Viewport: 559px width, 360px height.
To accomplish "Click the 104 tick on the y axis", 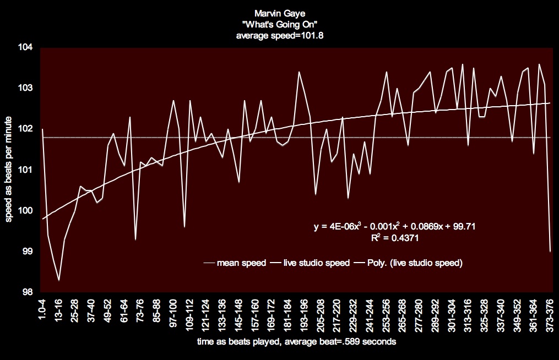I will point(26,48).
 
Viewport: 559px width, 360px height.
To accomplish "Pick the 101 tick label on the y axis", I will point(26,170).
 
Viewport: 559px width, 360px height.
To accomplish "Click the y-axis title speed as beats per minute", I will point(10,170).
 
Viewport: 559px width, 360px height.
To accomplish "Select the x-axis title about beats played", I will point(295,342).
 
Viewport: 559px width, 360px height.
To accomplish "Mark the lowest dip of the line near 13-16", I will point(59,280).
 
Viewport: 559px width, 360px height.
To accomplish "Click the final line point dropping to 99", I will point(550,251).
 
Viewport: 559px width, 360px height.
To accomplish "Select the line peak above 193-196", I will point(299,72).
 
